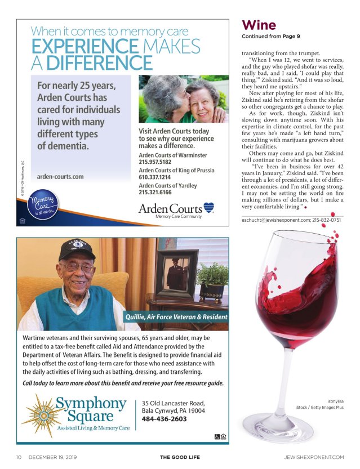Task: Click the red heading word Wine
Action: pos(259,25)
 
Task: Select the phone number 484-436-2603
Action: pos(164,419)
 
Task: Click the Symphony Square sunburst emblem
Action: pos(37,416)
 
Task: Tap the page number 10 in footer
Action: pos(19,457)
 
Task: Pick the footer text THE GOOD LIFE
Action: pos(180,457)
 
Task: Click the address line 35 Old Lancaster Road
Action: pos(173,403)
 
